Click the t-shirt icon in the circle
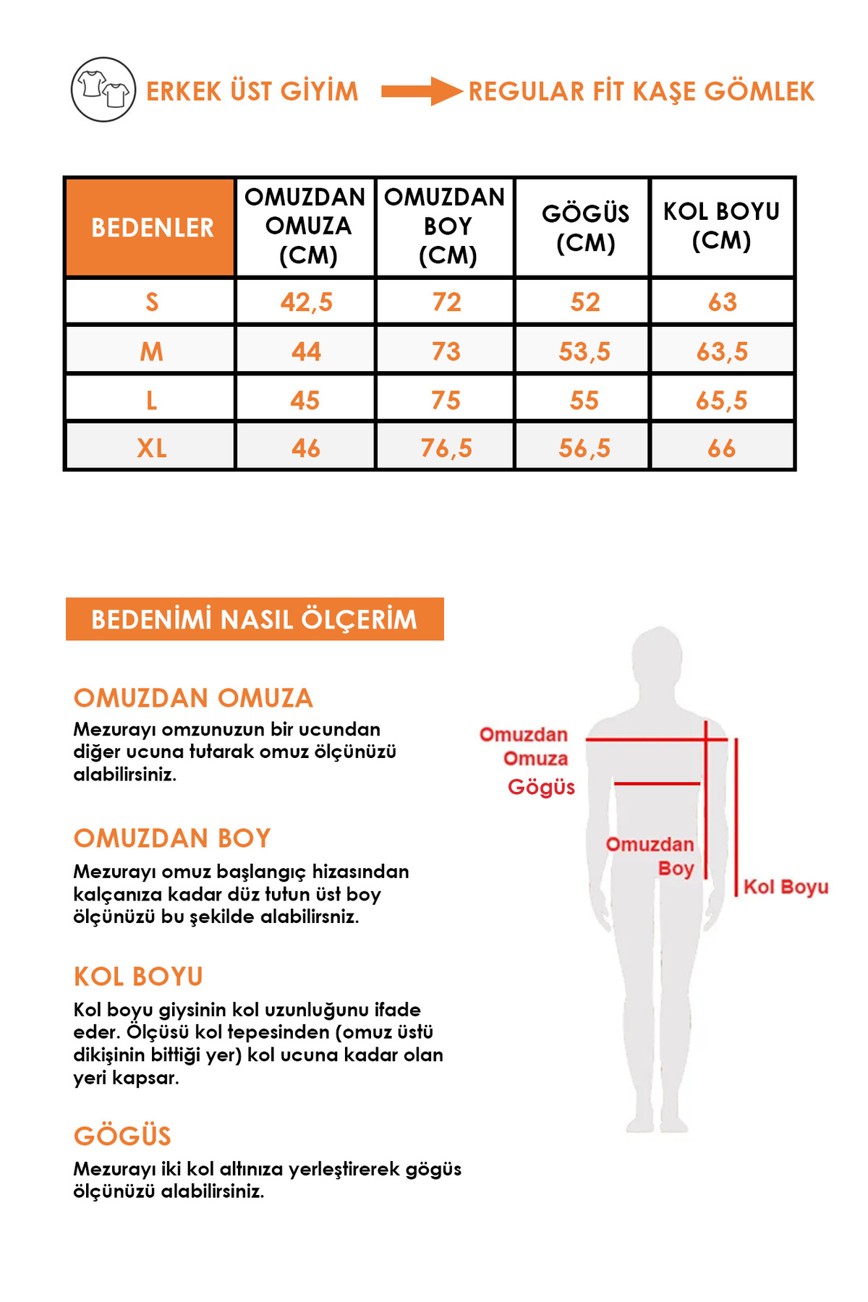103,90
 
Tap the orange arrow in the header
421,91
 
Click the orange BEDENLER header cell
151,227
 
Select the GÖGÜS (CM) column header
584,227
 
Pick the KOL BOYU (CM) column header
721,226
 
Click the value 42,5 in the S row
306,302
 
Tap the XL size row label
151,448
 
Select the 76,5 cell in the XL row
446,448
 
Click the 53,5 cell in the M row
584,352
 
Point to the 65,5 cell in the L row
721,400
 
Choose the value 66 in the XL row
721,448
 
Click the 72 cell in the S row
446,302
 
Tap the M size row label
151,352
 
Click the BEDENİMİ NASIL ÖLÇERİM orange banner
255,619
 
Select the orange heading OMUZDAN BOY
172,838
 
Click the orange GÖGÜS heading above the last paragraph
122,1136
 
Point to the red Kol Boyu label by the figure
786,887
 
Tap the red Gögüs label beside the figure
541,787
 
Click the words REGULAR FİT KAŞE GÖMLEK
641,91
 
